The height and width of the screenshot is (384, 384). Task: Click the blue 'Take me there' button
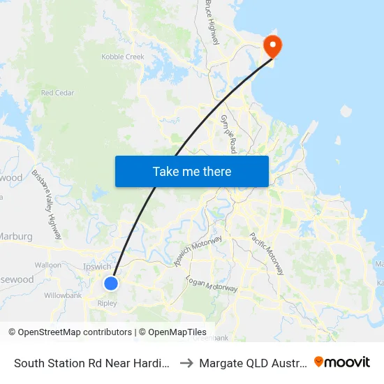click(192, 171)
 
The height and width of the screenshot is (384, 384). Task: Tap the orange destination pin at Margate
click(271, 47)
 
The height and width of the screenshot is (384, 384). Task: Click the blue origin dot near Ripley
click(110, 283)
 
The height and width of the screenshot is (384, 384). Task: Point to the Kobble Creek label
click(122, 57)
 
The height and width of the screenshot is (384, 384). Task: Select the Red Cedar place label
click(57, 93)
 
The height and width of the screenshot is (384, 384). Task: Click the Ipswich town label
click(97, 267)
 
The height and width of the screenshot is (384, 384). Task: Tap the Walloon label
click(48, 265)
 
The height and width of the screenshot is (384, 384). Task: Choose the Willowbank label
click(63, 295)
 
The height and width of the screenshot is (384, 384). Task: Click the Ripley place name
click(107, 304)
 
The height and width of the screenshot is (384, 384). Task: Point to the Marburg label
click(15, 237)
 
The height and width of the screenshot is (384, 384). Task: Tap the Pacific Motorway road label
click(267, 253)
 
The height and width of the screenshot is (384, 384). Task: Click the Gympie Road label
click(228, 133)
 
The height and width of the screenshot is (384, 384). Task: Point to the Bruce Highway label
click(212, 22)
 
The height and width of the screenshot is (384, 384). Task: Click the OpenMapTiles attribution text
click(175, 332)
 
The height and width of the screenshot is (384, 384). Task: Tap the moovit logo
click(342, 362)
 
